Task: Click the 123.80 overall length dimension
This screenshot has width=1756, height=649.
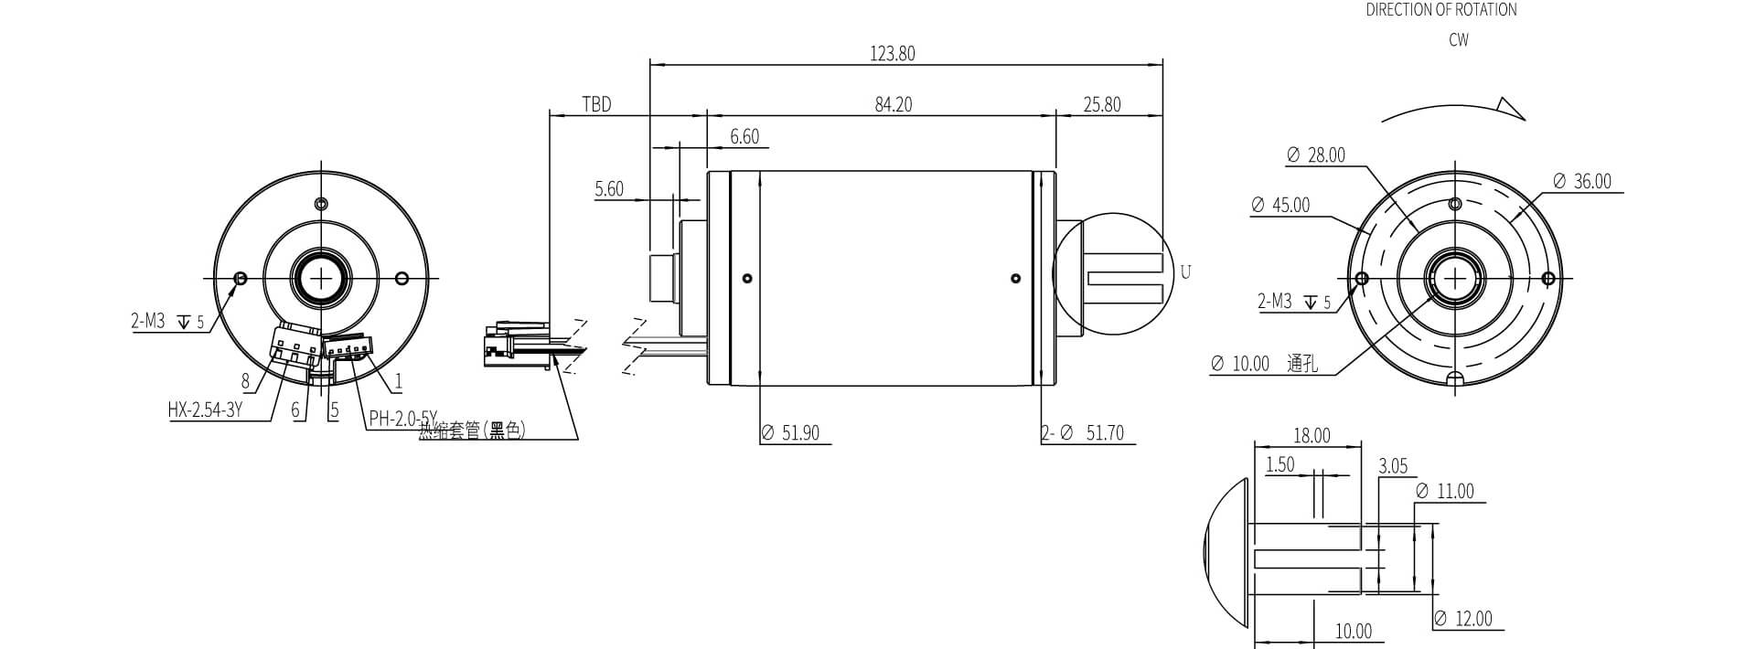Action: (x=892, y=54)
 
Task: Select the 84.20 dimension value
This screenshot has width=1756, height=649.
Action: (x=893, y=105)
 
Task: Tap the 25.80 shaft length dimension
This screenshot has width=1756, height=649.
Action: (x=1101, y=105)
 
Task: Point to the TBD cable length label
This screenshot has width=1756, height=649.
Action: (x=596, y=105)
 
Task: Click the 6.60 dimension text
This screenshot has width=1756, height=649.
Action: (x=744, y=137)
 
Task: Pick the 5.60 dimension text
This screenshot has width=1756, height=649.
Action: (x=609, y=189)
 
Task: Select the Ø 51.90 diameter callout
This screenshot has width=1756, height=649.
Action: (x=791, y=433)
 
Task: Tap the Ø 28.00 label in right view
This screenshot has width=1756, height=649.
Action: (x=1316, y=155)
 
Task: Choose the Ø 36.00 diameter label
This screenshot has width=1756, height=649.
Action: (x=1582, y=182)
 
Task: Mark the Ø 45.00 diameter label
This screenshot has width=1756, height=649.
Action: (x=1280, y=206)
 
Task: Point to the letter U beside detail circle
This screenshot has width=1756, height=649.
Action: (x=1185, y=272)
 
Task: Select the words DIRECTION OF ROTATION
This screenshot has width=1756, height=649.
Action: (x=1441, y=10)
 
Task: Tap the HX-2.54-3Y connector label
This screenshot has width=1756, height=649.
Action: (x=205, y=410)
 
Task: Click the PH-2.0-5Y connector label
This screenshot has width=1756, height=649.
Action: (x=402, y=419)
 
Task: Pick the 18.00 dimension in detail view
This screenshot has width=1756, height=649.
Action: (x=1311, y=436)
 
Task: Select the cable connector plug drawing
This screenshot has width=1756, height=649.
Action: (x=517, y=343)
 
